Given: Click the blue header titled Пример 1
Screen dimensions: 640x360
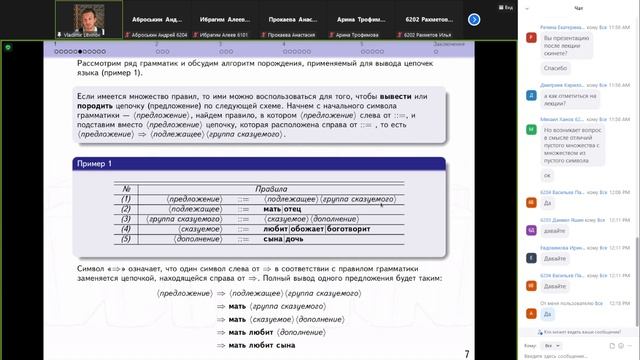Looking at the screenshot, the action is tap(259, 163).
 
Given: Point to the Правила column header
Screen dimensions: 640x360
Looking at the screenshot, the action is tap(271, 187).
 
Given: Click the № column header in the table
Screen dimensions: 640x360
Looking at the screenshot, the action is tap(126, 187).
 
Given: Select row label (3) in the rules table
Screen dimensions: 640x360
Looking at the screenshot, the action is tap(126, 218).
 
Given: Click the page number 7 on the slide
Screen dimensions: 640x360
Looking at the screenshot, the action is tap(467, 353).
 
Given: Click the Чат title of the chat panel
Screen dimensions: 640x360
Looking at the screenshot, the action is tap(579, 7).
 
